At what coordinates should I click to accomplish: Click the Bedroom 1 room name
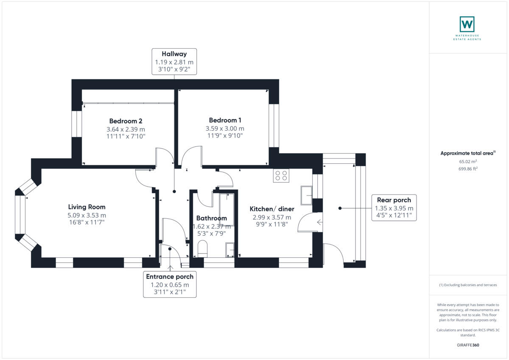tap(225, 120)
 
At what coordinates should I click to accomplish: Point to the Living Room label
tap(87, 207)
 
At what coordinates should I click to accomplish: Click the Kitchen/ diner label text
tap(272, 209)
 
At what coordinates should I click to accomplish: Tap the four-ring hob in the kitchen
tap(281, 176)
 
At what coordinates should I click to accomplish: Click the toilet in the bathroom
tap(202, 248)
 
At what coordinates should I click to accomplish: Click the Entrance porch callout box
tap(170, 285)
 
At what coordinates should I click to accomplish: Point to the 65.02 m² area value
tap(468, 162)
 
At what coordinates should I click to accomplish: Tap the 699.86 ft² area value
tap(468, 168)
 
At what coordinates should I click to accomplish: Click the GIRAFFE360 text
tap(468, 345)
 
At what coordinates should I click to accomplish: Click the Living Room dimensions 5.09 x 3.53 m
tap(87, 215)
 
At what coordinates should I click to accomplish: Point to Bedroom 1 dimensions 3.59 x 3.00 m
tap(225, 128)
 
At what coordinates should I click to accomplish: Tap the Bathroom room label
tap(211, 218)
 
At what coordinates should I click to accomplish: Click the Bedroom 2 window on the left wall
tap(76, 124)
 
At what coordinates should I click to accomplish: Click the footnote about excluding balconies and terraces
tap(468, 285)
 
